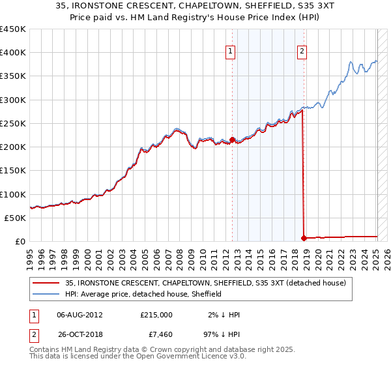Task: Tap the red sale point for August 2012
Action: [x=232, y=139]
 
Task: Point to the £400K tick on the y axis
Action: [x=13, y=53]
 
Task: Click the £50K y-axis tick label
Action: [x=16, y=218]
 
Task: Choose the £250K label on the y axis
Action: [x=13, y=123]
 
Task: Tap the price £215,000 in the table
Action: [x=156, y=314]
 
